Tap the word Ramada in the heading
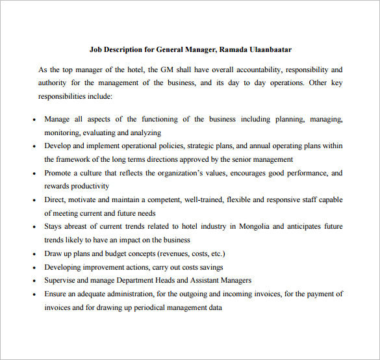233,49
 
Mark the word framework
73,159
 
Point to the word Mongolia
253,226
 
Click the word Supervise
62,280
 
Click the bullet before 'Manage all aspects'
34,120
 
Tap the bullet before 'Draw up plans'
34,254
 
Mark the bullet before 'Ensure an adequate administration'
34,294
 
